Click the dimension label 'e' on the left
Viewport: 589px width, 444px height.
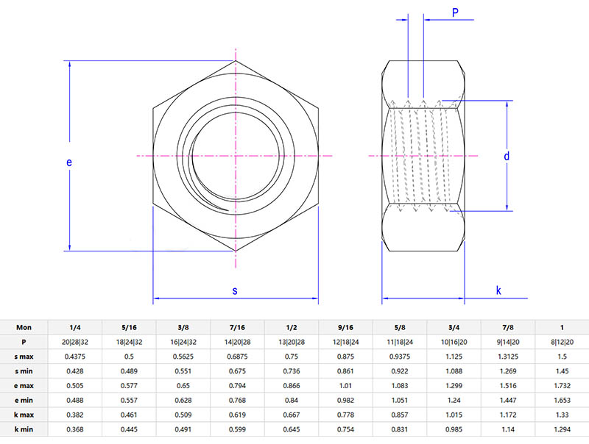[x=68, y=163]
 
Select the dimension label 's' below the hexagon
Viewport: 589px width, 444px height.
[x=235, y=290]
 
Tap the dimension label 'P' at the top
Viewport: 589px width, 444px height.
[x=455, y=12]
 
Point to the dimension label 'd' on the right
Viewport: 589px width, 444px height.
[x=507, y=157]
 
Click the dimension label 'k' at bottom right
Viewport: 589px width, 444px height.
[x=498, y=290]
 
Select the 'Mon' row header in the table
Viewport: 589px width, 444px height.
[x=24, y=327]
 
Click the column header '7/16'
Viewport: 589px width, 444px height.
[x=237, y=327]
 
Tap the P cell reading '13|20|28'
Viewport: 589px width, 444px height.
[x=291, y=342]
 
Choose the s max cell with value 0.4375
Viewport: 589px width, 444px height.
[x=74, y=357]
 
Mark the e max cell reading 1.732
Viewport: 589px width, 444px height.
[x=562, y=386]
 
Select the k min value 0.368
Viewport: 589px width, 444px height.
[x=74, y=429]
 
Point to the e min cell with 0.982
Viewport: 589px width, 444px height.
[x=345, y=401]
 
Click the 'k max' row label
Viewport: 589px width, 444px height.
[x=24, y=415]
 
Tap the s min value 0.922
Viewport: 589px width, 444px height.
[x=399, y=371]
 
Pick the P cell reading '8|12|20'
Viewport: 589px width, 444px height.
[x=562, y=342]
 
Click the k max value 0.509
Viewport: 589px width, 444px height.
[x=183, y=415]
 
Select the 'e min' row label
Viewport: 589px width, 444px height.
[x=24, y=401]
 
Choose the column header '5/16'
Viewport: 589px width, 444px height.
[x=129, y=327]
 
